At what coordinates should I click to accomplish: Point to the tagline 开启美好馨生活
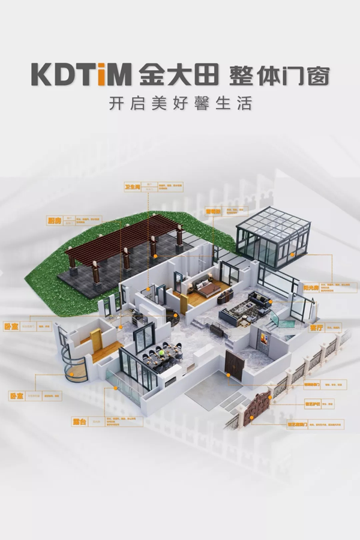pos(179,103)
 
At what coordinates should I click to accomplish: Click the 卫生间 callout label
pos(132,187)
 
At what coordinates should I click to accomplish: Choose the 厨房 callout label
pos(55,221)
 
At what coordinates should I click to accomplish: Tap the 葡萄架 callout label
pos(213,211)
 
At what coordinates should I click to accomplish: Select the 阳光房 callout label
pos(310,287)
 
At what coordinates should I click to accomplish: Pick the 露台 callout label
pos(80,422)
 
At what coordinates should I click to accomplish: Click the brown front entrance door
pos(235,366)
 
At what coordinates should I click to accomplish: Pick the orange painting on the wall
pos(262,340)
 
